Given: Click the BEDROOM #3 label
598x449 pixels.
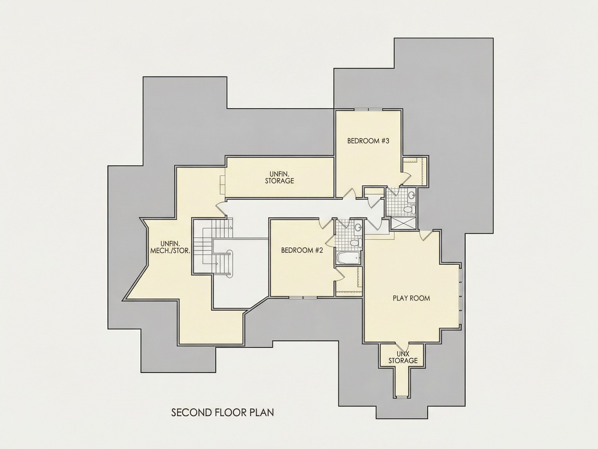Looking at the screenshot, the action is point(368,141).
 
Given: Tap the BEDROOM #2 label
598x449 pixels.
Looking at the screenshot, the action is point(302,250).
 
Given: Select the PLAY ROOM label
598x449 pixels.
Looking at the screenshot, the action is point(411,298).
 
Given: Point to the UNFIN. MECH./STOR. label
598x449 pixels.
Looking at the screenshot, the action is point(170,247).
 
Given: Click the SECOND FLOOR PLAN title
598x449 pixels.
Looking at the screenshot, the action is point(222,412).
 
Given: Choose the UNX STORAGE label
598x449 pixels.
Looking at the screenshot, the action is point(403,357).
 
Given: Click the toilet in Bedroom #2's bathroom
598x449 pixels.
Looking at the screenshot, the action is point(356,242).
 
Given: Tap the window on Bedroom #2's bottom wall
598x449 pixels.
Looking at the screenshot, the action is point(303,298).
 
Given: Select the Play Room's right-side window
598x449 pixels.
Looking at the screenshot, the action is point(460,296).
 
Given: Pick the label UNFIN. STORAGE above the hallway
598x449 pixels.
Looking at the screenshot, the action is point(279,177).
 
